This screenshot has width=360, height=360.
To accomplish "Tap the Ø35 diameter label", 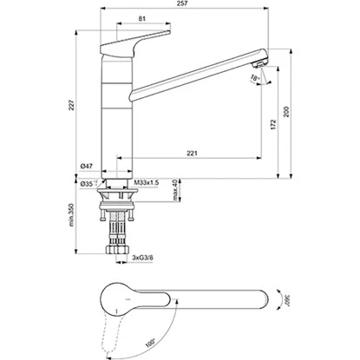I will click(86, 185).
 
